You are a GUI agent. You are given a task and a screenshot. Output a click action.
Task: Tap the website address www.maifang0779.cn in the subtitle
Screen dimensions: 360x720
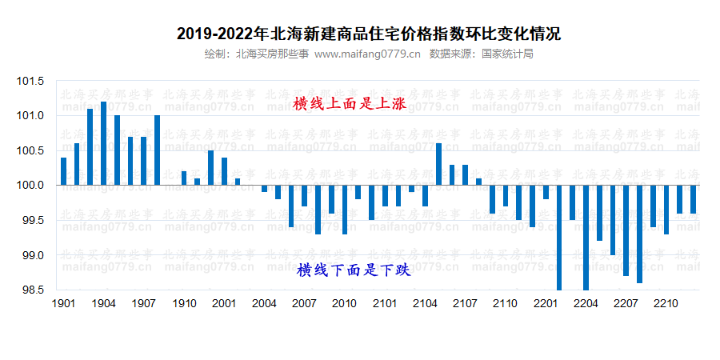(367, 54)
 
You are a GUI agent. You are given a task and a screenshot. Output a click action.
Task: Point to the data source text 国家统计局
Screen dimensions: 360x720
(507, 54)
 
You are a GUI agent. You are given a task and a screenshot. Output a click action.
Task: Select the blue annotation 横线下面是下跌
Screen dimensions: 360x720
(353, 270)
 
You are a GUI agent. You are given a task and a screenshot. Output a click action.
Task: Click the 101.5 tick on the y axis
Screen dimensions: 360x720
(31, 82)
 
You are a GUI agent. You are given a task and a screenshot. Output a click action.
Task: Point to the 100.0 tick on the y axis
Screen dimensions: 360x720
(31, 186)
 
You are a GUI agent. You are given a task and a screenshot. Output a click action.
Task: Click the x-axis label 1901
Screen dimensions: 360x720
(63, 304)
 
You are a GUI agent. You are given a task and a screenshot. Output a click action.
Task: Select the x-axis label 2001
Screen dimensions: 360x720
(224, 304)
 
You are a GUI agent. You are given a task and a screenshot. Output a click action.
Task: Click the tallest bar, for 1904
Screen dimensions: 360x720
(104, 144)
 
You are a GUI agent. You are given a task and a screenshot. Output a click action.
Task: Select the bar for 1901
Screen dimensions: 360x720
(64, 171)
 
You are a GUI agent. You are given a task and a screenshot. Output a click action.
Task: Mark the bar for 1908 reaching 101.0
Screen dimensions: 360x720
(158, 150)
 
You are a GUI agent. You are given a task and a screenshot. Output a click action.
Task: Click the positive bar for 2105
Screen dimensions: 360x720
(438, 165)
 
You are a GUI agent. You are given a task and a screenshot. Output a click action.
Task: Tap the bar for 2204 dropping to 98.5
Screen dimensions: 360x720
(586, 238)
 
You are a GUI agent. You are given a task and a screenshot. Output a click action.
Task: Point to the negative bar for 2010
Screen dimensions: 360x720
(345, 210)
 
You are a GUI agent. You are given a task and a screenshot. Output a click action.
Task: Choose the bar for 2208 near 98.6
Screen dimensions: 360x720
(639, 234)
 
